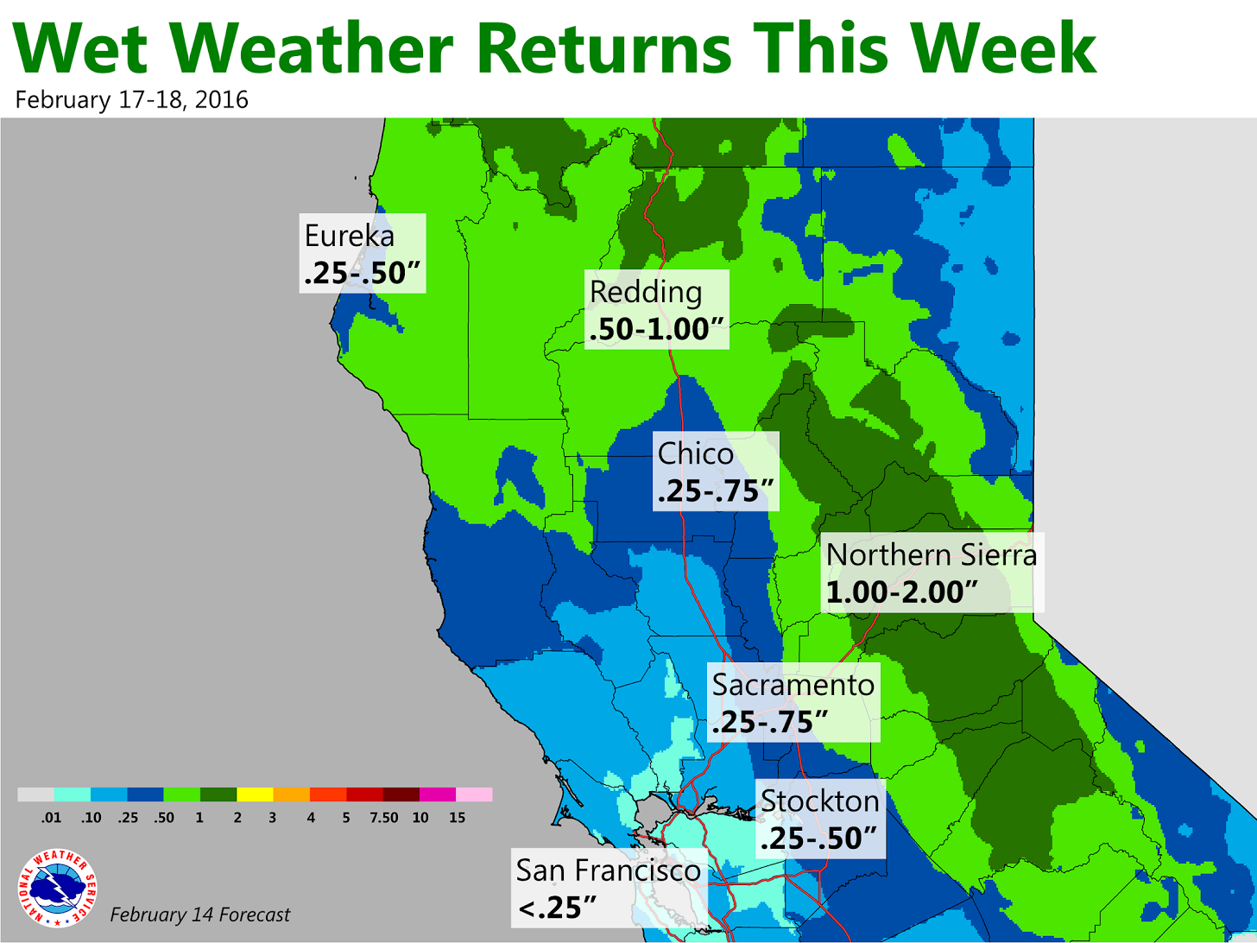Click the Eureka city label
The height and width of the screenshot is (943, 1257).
(350, 236)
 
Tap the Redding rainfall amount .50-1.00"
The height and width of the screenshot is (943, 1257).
(656, 329)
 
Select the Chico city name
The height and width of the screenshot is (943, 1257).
(695, 454)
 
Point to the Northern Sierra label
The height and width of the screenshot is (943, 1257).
(932, 554)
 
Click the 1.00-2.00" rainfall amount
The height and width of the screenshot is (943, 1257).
(902, 592)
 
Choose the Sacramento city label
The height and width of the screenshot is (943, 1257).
(793, 685)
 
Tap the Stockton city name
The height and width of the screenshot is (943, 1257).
(820, 801)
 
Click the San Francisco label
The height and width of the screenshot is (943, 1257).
(608, 870)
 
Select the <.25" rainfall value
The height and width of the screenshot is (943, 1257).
(557, 908)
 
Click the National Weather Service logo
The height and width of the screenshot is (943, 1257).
(57, 888)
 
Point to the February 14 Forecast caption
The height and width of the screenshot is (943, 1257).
(200, 915)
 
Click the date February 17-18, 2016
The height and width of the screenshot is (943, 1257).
(132, 99)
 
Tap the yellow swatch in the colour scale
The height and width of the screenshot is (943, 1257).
(255, 794)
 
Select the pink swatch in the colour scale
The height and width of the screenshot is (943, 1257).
(474, 794)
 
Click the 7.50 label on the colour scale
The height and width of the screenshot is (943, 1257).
(383, 818)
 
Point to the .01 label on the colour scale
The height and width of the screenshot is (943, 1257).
(51, 818)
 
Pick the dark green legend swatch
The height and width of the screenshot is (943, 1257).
(218, 794)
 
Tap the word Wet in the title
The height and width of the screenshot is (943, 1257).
(80, 47)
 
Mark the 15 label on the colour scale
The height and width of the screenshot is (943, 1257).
(457, 818)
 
